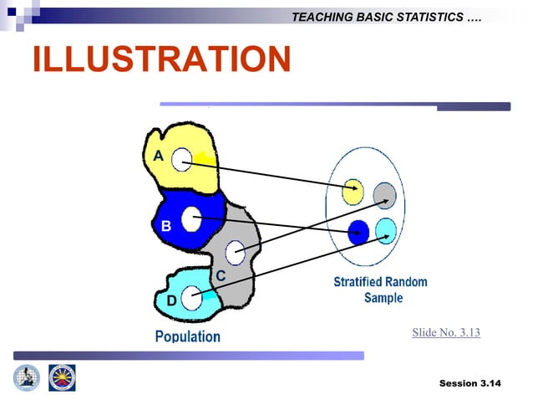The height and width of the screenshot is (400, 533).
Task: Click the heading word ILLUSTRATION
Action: pos(161,59)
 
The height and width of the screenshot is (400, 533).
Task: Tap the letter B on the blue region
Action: pos(165,226)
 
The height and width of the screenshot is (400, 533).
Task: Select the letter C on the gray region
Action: pos(221,276)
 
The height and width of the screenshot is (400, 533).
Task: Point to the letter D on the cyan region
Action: pos(170,300)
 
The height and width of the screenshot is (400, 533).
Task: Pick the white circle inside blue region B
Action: pos(191,218)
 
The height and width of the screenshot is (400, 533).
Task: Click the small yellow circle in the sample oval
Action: pos(353,191)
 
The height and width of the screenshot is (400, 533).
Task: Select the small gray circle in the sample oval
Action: pos(384,194)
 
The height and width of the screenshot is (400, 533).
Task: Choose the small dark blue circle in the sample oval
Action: pos(358,228)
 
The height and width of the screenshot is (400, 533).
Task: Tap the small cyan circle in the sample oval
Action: pos(386,228)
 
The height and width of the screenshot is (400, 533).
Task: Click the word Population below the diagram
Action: pos(188,336)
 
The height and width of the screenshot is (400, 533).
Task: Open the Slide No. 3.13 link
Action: pos(445,333)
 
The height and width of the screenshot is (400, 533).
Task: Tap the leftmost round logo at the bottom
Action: pos(26,378)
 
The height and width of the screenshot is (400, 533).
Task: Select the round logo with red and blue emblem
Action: pos(62,378)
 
